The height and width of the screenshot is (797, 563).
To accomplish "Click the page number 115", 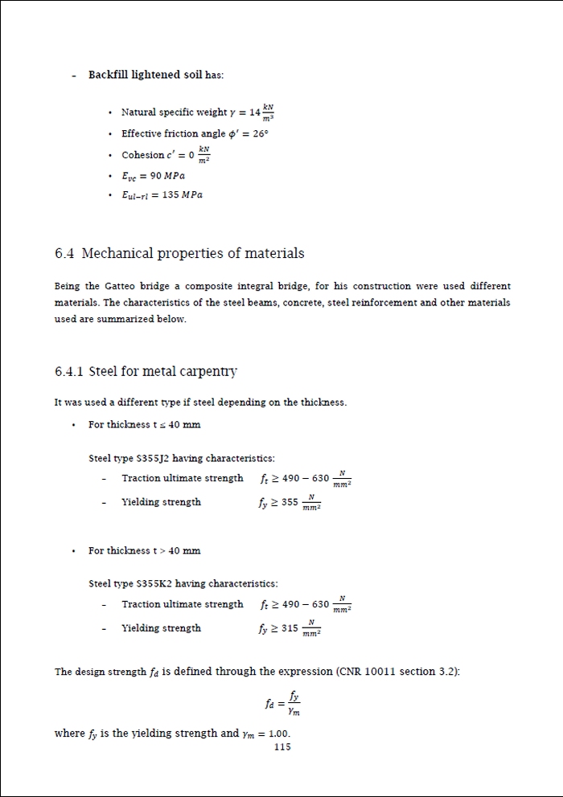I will (282, 747).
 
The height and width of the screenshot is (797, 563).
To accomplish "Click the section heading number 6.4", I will (64, 254).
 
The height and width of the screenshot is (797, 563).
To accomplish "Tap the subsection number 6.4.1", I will (69, 371).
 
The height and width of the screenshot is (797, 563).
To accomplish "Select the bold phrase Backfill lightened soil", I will (145, 75).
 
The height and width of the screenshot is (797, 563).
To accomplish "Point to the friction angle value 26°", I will (259, 133).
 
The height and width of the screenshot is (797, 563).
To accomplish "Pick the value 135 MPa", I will (185, 195).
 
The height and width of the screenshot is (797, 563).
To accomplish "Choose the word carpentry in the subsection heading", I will (210, 371).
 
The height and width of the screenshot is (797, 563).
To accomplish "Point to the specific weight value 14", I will (255, 112).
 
